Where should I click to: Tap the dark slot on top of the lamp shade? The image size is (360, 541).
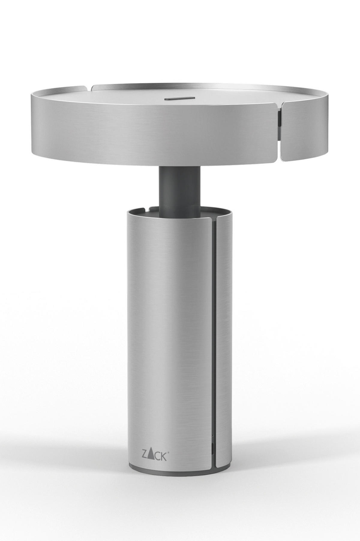179,98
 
